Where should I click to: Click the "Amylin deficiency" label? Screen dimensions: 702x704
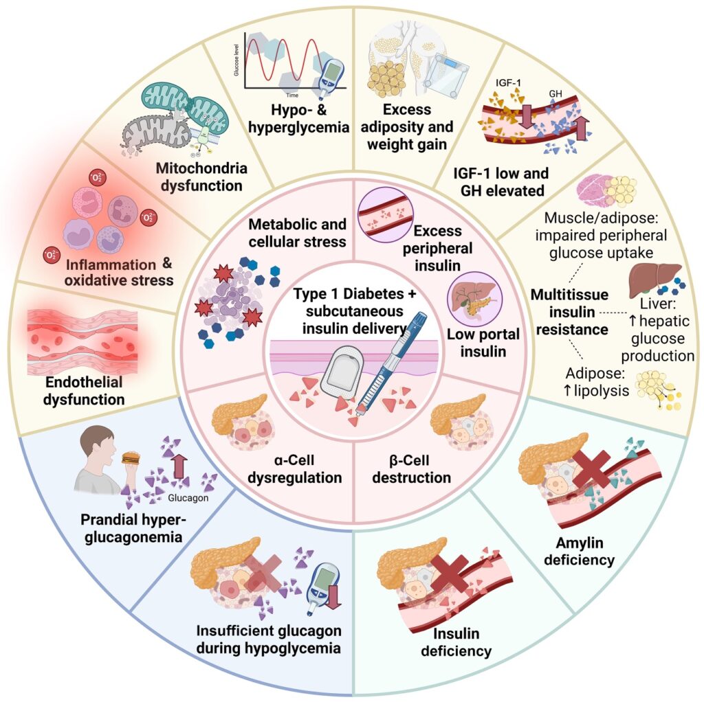coord(579,551)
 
